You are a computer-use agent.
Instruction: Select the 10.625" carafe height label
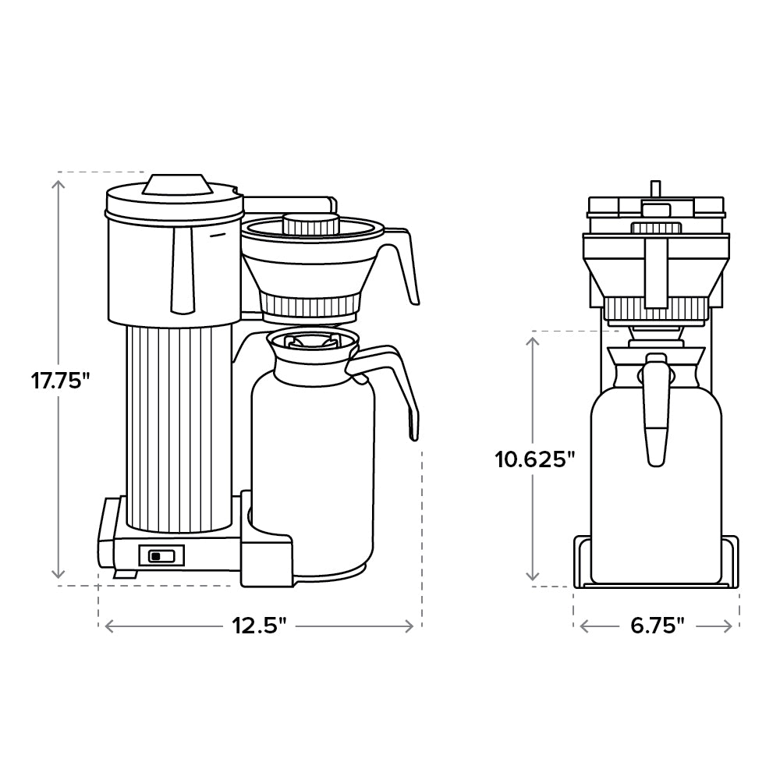535,459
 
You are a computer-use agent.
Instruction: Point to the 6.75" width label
656,625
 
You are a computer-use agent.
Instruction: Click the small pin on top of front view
656,188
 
